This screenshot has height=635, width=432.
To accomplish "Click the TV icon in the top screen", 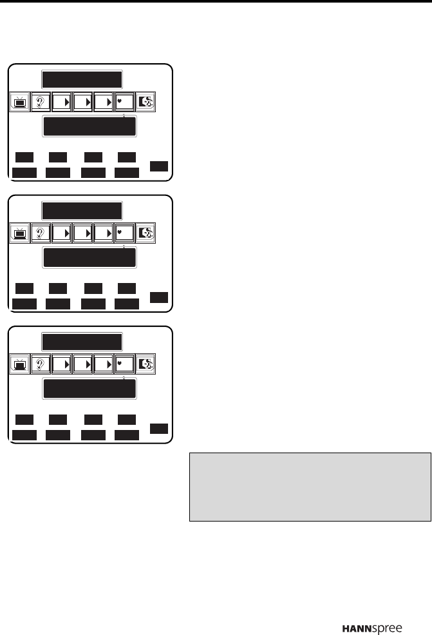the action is click(x=21, y=101).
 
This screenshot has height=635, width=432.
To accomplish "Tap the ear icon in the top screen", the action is click(x=41, y=101).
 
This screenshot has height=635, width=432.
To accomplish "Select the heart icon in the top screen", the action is click(x=124, y=101).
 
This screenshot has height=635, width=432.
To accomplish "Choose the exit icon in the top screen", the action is click(x=146, y=101).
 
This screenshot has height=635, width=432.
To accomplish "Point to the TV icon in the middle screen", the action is click(x=21, y=232).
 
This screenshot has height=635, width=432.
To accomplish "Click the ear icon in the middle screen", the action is click(x=41, y=232).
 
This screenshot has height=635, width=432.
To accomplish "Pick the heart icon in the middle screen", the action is click(x=124, y=232).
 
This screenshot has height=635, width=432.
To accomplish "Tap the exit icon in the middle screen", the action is click(x=146, y=232).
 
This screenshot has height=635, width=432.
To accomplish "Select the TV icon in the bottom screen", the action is click(x=21, y=364).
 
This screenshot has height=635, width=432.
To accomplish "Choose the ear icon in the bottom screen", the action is click(x=41, y=364).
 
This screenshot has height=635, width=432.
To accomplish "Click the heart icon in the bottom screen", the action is click(x=124, y=364).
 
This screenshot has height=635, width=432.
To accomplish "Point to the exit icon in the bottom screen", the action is click(x=146, y=364).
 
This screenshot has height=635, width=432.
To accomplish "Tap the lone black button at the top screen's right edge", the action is click(x=159, y=166).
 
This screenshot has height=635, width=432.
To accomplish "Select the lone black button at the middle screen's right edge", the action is click(x=159, y=297).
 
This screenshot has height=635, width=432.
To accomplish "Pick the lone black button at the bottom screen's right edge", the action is click(x=159, y=429).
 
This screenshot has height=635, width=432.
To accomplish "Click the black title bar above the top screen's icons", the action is click(x=82, y=80).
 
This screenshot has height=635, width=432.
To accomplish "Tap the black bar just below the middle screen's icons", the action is click(x=89, y=258).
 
